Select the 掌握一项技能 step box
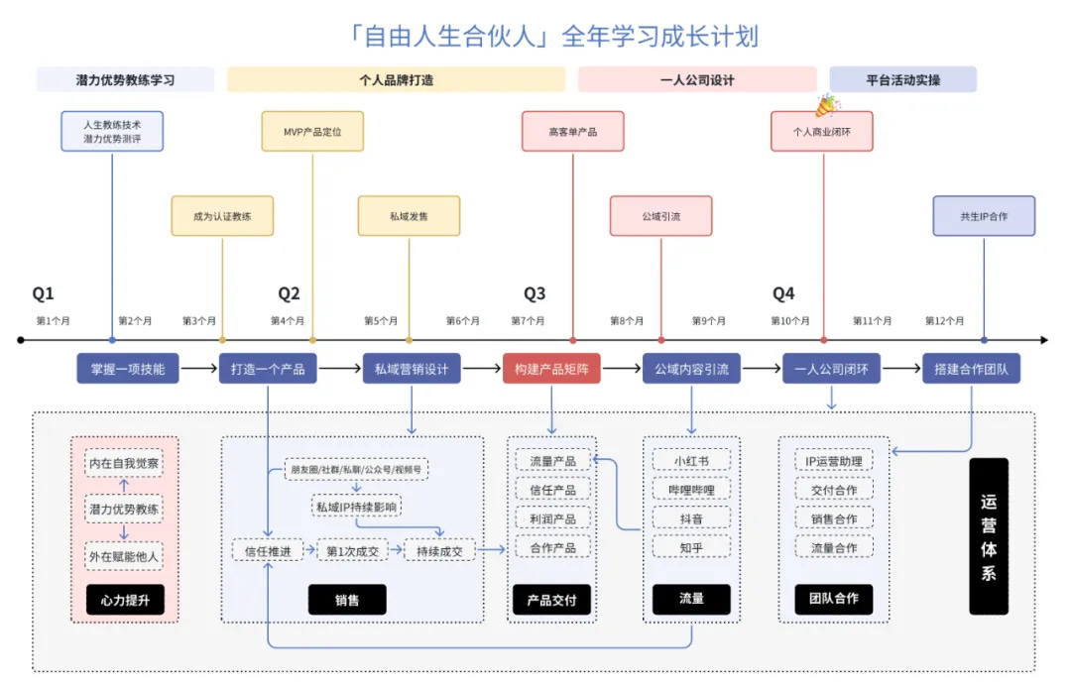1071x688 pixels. [128, 370]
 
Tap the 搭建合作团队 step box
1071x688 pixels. [971, 370]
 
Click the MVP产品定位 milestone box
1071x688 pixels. [312, 131]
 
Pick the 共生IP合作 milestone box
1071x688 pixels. [983, 216]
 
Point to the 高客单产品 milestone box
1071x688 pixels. [572, 131]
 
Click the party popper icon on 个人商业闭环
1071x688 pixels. [825, 105]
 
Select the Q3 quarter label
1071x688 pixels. [535, 293]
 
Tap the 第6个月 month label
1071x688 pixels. [462, 321]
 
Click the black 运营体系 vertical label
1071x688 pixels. [988, 535]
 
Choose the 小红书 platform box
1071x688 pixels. [691, 460]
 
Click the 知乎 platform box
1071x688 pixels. [691, 546]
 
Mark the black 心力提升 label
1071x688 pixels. [125, 599]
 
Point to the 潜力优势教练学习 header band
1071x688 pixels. [125, 80]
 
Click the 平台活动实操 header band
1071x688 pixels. [902, 80]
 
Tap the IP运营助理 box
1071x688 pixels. [833, 460]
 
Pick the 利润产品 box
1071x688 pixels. [551, 517]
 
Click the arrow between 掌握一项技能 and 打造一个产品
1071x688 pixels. [198, 370]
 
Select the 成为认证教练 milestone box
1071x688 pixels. [222, 216]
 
